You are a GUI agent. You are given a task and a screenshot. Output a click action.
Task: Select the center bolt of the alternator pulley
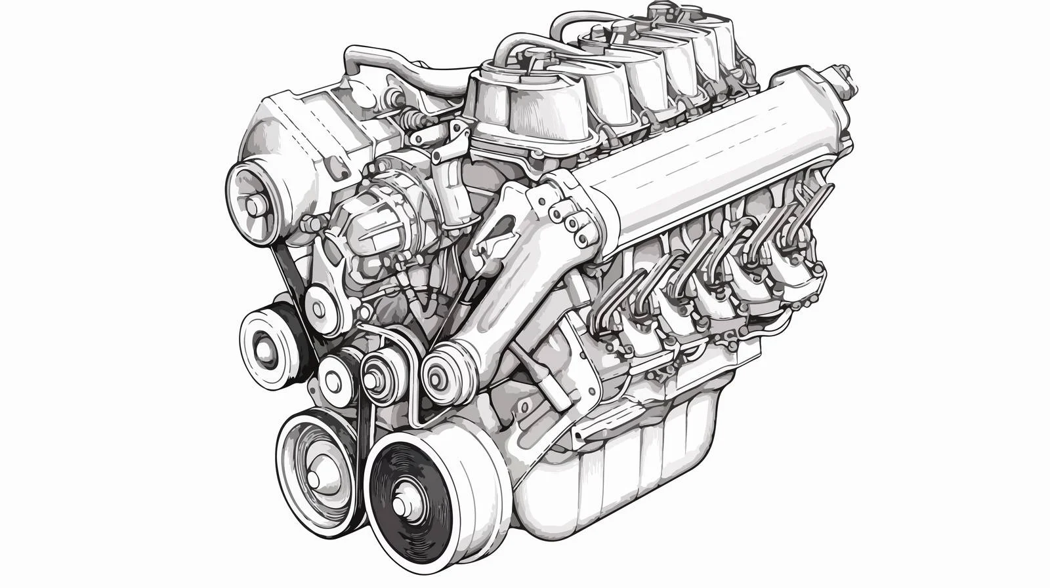(x=254, y=208)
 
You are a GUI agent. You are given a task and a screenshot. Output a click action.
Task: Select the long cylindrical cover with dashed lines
(x=715, y=157)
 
